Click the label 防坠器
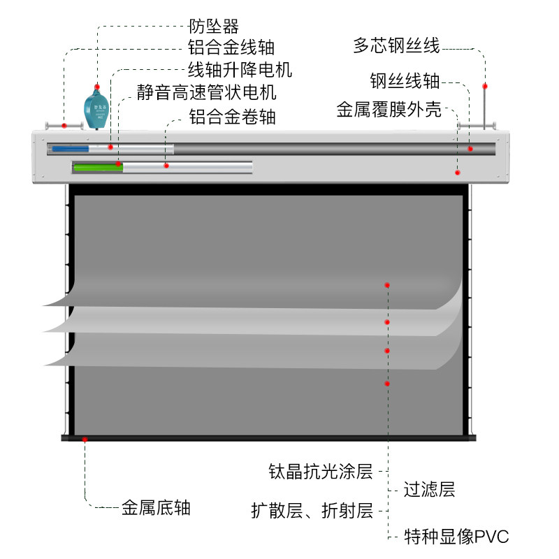[x=214, y=26]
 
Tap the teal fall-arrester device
[x=96, y=109]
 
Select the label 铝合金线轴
[x=231, y=47]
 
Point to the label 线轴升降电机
[x=240, y=69]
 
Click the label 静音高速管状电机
[x=206, y=92]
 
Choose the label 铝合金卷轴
[x=232, y=117]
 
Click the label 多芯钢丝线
[x=396, y=45]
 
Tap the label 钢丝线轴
[x=405, y=80]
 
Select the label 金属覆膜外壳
[x=389, y=109]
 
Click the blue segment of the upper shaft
[x=71, y=149]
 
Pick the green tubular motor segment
[x=99, y=167]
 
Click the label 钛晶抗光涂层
[x=321, y=471]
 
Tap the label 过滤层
[x=429, y=489]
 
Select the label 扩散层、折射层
[x=312, y=511]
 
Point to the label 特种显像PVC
[x=456, y=536]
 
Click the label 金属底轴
[x=156, y=507]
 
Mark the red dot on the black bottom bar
[x=85, y=440]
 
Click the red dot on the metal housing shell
[x=458, y=173]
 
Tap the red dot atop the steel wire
[x=485, y=86]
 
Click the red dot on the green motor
[x=118, y=164]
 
